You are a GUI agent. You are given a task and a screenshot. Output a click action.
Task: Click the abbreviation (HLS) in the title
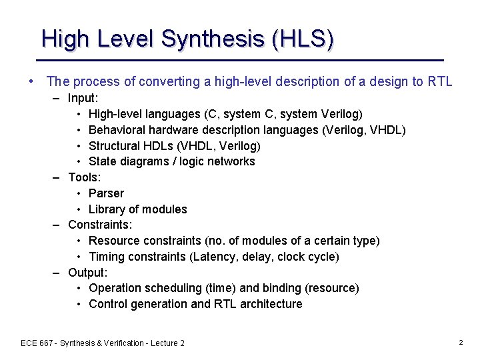(303, 39)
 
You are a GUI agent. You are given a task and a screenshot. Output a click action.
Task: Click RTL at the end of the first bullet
(440, 82)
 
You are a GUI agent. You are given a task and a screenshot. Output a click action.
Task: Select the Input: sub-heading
(84, 99)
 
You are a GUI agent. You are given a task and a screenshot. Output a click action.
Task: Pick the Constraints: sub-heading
(100, 225)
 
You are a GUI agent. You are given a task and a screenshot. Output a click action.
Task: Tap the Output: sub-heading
(87, 272)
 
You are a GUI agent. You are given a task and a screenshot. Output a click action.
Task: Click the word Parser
(106, 193)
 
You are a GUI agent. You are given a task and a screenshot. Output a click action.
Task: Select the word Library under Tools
(108, 209)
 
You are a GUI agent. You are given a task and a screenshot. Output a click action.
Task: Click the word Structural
(115, 146)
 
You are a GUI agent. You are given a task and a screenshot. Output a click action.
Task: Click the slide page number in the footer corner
(461, 342)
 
